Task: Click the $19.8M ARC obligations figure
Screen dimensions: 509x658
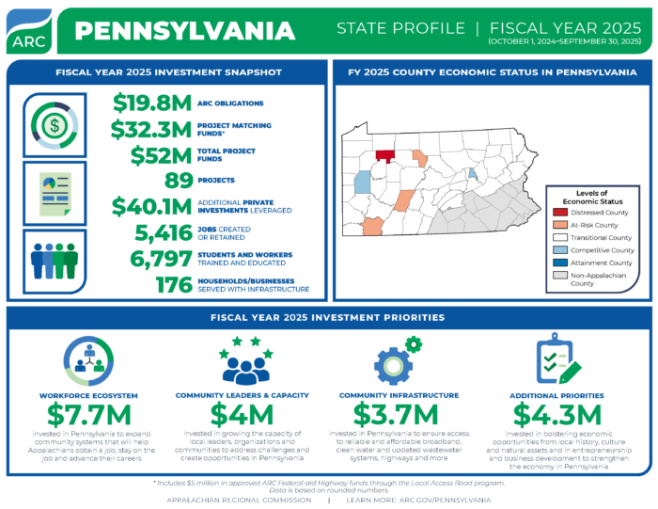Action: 152,103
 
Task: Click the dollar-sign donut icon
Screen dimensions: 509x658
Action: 55,122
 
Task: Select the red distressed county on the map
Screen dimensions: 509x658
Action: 384,156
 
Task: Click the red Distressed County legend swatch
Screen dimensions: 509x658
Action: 560,213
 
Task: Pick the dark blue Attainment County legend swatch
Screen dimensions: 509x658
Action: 560,262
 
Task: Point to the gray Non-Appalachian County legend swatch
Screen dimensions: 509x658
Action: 560,276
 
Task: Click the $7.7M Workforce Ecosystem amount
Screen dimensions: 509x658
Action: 85,413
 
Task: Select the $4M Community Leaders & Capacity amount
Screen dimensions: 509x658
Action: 242,413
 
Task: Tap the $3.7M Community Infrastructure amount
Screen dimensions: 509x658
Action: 395,413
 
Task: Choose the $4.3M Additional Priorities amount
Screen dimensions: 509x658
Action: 558,413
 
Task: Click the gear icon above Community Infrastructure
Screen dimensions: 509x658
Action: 394,360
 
